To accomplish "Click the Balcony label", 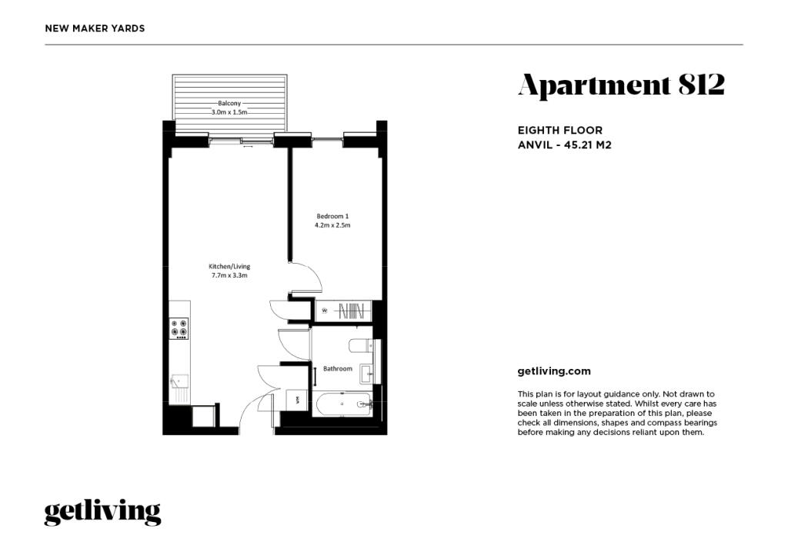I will click(x=229, y=103).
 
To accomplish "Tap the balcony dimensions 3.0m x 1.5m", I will click(x=229, y=112).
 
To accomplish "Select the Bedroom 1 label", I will click(x=332, y=216).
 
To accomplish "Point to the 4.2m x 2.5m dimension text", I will click(x=332, y=225).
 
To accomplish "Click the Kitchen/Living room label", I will click(x=230, y=266).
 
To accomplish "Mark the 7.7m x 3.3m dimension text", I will click(x=230, y=275).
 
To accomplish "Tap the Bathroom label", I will click(x=337, y=369).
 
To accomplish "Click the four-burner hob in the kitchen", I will click(x=179, y=329).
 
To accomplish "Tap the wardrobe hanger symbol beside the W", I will click(x=351, y=311).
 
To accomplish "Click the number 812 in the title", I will click(x=701, y=85).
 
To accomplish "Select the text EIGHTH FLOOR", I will click(x=560, y=131).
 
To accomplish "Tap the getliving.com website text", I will click(x=554, y=371).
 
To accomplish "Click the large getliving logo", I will click(x=102, y=512).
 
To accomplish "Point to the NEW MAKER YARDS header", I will click(x=95, y=28).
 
